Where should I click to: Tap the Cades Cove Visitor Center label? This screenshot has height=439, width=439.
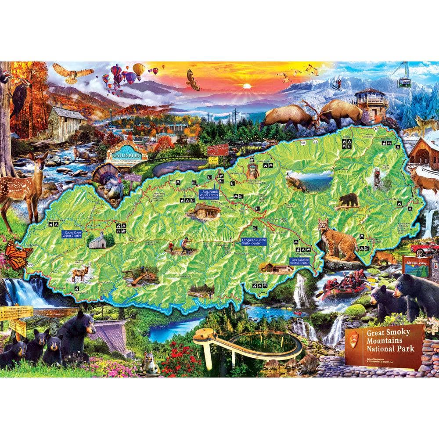(71, 234)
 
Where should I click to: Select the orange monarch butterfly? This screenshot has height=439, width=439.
(18, 255)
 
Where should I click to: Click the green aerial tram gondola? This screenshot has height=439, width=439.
(403, 81)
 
